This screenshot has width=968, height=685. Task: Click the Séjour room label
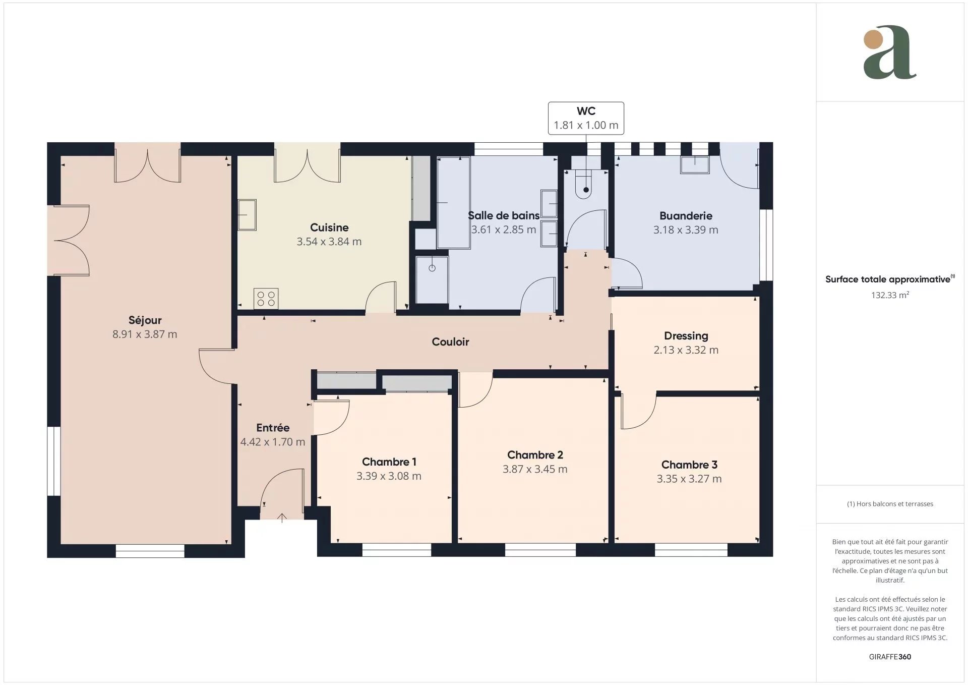click(145, 320)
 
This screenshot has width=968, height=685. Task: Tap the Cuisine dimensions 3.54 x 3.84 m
click(329, 242)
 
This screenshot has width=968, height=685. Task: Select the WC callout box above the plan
click(586, 119)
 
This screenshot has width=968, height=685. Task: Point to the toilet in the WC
click(585, 184)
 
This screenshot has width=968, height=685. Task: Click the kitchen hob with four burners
click(266, 298)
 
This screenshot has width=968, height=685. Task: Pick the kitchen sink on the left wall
click(247, 215)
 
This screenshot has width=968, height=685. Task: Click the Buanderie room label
click(686, 216)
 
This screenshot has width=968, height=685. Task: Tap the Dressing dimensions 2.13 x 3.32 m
click(686, 350)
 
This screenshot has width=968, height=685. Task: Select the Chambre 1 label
click(389, 462)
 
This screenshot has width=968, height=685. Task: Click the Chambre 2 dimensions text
click(535, 469)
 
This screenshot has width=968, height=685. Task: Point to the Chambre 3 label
click(689, 465)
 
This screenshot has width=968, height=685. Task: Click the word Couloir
click(451, 342)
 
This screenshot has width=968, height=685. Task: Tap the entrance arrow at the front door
click(282, 517)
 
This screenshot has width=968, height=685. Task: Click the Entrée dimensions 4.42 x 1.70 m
click(273, 442)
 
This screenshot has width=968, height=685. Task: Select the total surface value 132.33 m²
click(890, 295)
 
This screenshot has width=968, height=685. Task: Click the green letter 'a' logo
click(890, 52)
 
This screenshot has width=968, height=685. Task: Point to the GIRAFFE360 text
click(890, 657)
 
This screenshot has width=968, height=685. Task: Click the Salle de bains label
click(504, 215)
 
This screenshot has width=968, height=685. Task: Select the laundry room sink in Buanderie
click(695, 165)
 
